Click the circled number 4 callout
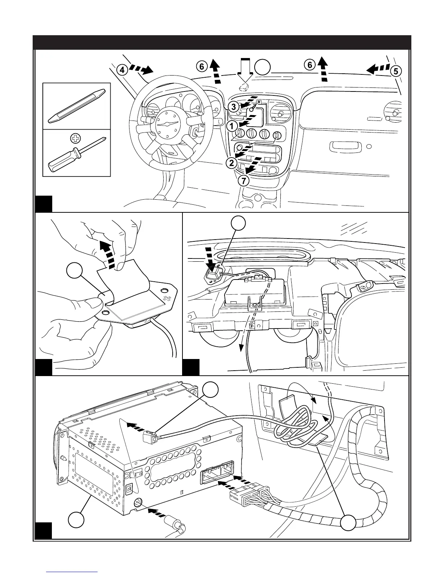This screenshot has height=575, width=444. click(x=122, y=70)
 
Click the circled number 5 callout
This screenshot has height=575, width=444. click(x=396, y=71)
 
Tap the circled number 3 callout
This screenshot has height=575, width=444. click(x=234, y=107)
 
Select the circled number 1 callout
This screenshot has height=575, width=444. click(x=232, y=126)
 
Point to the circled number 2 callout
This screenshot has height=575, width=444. click(x=232, y=163)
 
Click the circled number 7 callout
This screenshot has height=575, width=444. click(x=243, y=181)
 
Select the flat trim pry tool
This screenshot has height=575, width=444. click(x=77, y=106)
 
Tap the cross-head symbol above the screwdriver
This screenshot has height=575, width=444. click(x=75, y=138)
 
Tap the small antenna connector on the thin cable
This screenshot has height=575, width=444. click(x=150, y=437)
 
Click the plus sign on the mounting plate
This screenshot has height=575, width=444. click(x=166, y=299)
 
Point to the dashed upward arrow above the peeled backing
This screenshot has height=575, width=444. click(x=108, y=255)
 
